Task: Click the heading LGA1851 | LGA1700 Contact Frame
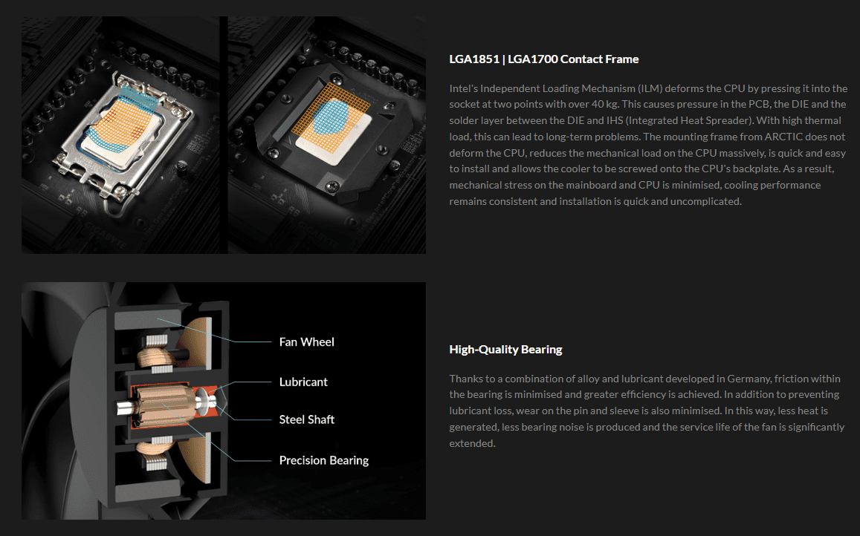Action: click(543, 59)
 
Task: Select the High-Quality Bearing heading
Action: click(505, 350)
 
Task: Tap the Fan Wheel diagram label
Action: click(306, 342)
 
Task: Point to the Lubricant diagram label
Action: click(303, 382)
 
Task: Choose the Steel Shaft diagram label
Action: click(306, 419)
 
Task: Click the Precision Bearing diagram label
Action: click(323, 460)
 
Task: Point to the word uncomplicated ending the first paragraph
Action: click(708, 201)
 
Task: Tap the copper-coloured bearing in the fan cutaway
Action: click(158, 408)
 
